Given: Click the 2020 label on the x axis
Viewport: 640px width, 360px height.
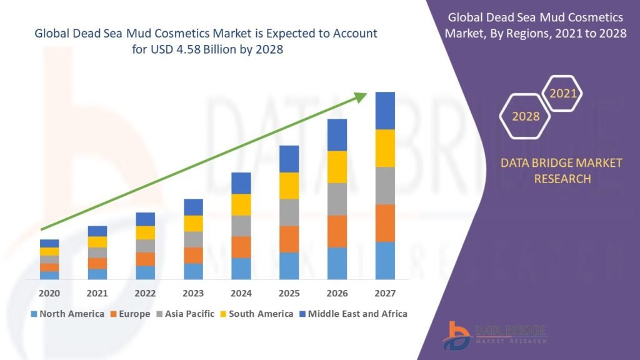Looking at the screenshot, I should (49, 293).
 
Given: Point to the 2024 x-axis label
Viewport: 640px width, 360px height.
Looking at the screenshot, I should (241, 293).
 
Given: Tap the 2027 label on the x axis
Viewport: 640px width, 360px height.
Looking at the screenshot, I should (385, 293).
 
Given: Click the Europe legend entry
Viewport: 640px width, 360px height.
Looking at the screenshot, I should (130, 314).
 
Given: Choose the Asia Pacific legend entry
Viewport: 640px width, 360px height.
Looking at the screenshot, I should (186, 314).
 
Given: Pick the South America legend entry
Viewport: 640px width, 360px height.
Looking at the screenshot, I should (256, 314).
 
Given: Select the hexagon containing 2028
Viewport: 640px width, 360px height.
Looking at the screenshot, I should (526, 116).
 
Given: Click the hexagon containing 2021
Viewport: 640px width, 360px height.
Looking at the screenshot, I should (562, 94).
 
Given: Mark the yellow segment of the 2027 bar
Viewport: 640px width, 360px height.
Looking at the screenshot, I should (385, 148).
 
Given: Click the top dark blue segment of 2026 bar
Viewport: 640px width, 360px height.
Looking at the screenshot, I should (337, 134).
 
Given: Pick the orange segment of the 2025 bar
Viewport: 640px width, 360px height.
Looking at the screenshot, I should (289, 239).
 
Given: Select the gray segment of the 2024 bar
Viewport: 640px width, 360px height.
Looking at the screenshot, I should (241, 226).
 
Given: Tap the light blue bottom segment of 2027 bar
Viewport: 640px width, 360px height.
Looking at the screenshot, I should (385, 260).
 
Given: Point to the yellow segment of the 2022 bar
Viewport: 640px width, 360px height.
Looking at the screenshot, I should (145, 232).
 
